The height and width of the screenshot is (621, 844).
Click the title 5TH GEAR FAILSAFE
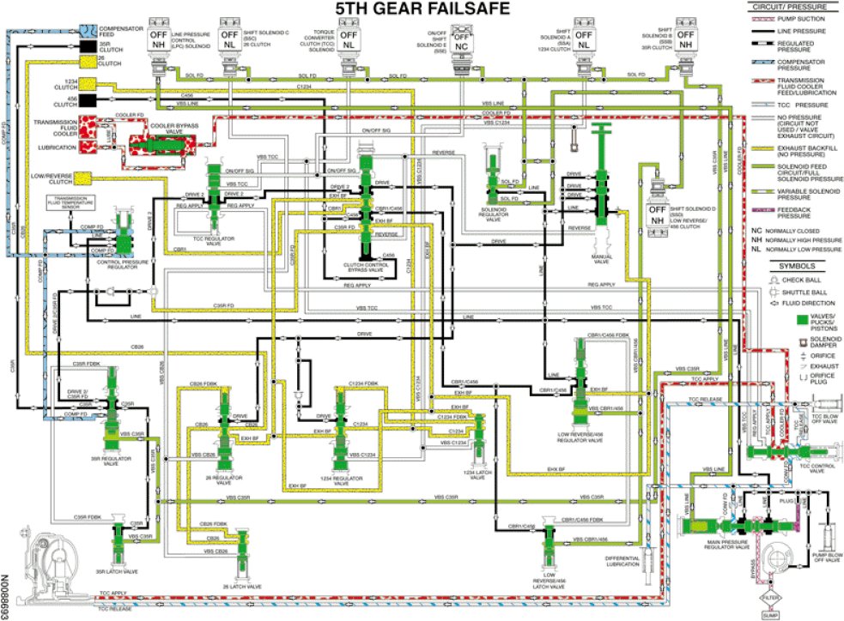pyautogui.click(x=422, y=9)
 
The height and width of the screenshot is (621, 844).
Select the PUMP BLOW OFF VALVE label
pyautogui.click(x=823, y=558)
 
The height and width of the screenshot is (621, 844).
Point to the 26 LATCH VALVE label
pyautogui.click(x=243, y=587)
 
